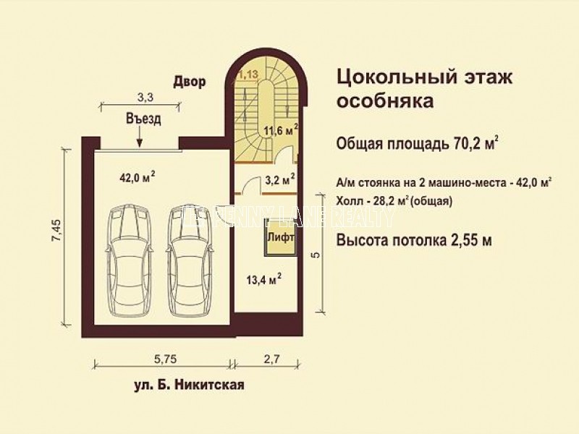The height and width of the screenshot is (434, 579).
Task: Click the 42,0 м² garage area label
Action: (137, 176)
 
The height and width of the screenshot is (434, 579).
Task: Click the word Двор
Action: (189, 82)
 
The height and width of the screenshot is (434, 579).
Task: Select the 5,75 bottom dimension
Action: (161, 357)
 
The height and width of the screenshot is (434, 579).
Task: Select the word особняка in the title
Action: (386, 101)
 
